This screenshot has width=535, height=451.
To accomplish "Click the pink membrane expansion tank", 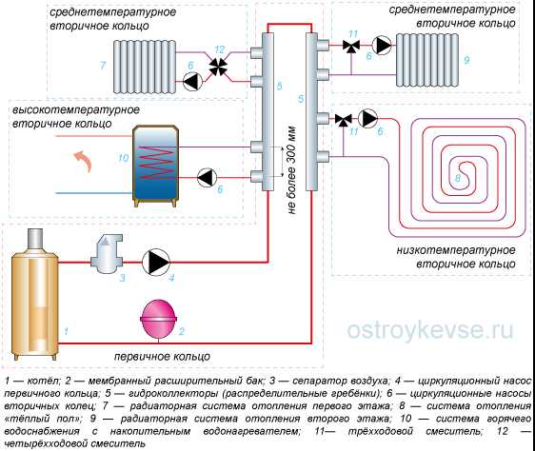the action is click(x=159, y=319).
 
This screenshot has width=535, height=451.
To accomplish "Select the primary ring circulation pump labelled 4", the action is click(x=155, y=263).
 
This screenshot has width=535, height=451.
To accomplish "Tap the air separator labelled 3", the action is click(x=106, y=254).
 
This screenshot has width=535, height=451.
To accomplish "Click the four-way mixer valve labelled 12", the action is click(x=218, y=67).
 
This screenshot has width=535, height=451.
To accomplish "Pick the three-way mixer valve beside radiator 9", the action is click(x=351, y=46).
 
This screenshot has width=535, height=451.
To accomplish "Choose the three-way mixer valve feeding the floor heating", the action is click(x=343, y=120).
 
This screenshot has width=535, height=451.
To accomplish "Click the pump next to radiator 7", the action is click(x=192, y=81).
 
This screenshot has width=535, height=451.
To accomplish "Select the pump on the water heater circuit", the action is click(x=207, y=178).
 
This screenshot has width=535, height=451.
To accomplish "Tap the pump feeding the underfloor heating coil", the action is click(x=368, y=119).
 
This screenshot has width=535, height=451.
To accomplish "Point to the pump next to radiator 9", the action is click(x=382, y=45).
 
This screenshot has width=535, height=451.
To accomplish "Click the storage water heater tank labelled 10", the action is click(x=155, y=167).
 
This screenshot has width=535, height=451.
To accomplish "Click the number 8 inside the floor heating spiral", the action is click(x=458, y=178).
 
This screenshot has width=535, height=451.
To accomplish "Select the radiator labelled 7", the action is click(x=145, y=67).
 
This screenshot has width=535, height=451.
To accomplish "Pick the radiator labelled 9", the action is click(x=427, y=60).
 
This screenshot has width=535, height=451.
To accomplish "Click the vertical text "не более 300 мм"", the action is click(x=291, y=170).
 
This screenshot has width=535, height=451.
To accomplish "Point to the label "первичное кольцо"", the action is click(x=162, y=357).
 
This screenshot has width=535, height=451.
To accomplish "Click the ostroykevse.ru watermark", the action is click(x=430, y=330).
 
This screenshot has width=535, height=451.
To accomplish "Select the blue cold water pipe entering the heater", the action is click(x=94, y=193).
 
